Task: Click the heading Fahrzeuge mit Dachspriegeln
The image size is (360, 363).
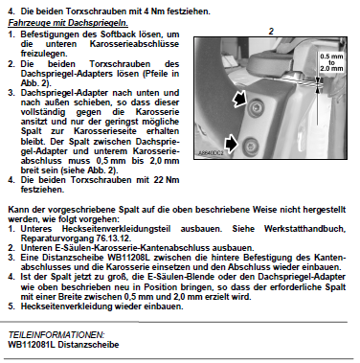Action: [68, 23]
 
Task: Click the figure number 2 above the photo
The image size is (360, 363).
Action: [271, 32]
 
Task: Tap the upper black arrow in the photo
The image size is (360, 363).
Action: [239, 99]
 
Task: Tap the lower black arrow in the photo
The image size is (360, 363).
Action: [232, 144]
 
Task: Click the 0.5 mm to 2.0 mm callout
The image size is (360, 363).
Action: [331, 62]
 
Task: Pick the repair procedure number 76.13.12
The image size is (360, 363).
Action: [113, 238]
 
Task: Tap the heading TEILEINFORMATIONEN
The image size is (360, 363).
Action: [56, 335]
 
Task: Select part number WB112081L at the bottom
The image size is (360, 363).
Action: [32, 345]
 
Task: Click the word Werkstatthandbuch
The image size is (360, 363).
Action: [304, 229]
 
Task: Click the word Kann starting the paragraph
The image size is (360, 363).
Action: [16, 210]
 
